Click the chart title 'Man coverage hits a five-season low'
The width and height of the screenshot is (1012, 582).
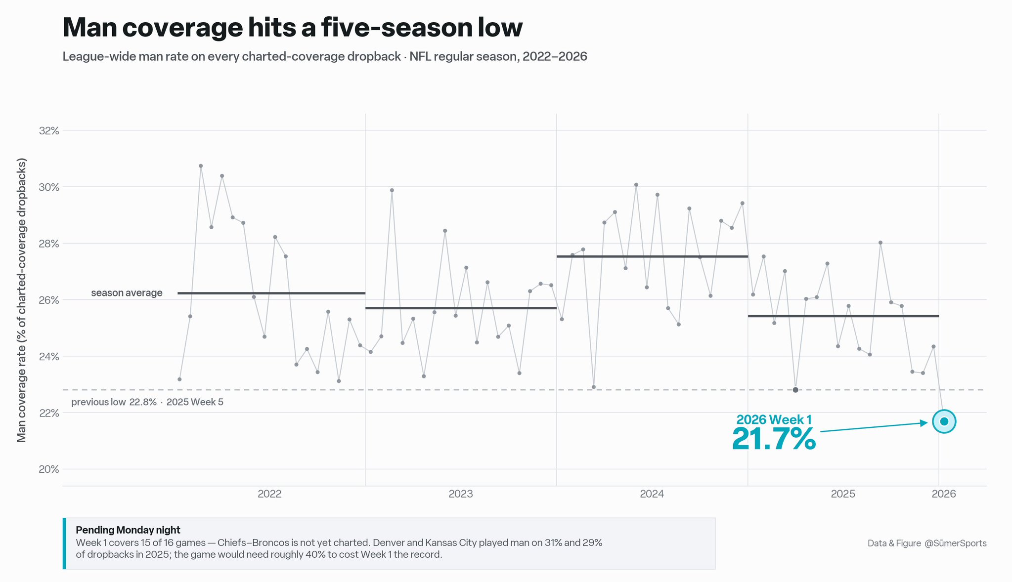tap(292, 28)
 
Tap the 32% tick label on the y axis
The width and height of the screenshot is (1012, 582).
tap(49, 131)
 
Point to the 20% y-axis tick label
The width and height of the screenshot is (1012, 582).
tap(49, 469)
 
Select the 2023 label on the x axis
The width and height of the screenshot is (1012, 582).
tap(461, 494)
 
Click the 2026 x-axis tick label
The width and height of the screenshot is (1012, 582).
tap(944, 494)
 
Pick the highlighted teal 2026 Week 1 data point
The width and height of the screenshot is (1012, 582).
tap(944, 421)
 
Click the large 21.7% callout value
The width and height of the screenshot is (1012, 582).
tap(774, 439)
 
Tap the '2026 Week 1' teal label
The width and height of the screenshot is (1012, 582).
tap(774, 419)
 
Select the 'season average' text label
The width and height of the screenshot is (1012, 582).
tap(127, 293)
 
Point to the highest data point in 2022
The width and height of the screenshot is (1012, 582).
tap(201, 166)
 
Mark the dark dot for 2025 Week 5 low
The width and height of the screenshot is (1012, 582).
tap(795, 390)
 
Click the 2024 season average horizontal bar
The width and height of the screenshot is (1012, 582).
tap(652, 256)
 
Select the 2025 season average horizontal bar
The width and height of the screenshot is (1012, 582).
tap(843, 316)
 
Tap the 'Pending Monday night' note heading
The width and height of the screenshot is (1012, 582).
tap(128, 530)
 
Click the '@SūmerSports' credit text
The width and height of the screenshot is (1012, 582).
tap(956, 543)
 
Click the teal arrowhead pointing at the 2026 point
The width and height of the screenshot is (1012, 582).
tap(924, 423)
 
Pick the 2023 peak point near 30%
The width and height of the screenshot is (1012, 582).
tap(392, 190)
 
